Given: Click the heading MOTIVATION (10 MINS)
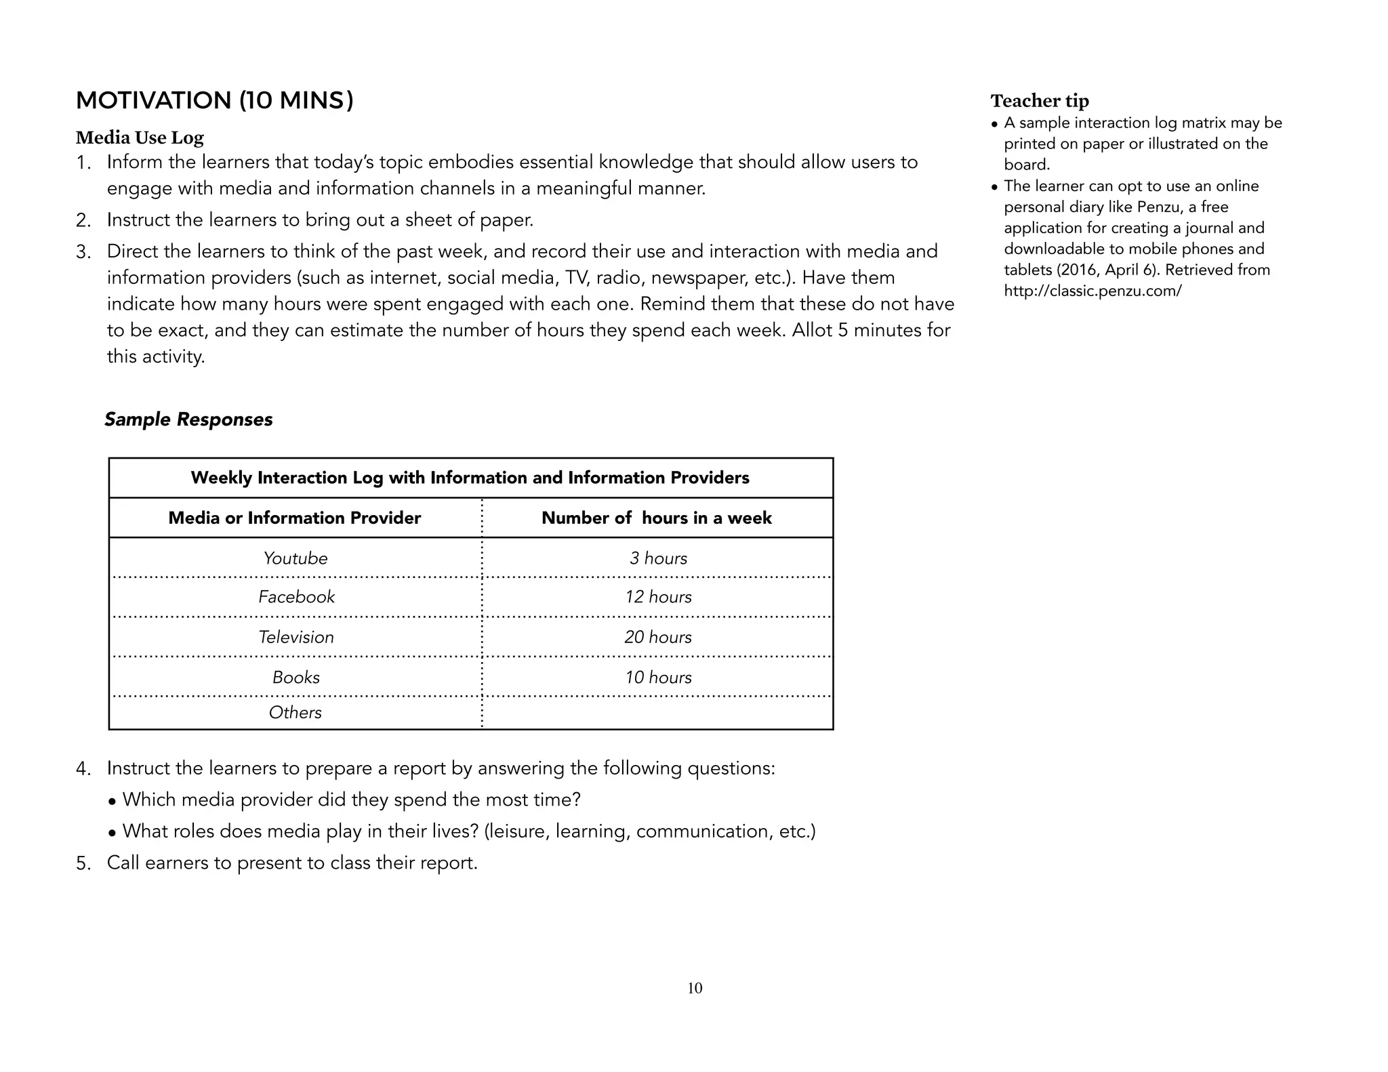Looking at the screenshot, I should point(214,100).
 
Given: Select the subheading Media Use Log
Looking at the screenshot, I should point(140,138).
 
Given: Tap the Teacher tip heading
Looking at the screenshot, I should point(1039,101).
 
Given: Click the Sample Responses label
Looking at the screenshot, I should point(188,419).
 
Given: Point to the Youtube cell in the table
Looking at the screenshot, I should point(295,558).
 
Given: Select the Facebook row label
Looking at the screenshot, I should point(296,597).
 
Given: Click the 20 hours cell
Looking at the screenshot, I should point(657,637).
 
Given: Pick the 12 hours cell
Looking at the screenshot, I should point(657,597).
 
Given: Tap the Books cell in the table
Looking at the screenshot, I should point(295,677).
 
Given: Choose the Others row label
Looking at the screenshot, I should point(295,712).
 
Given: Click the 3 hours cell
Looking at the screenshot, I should point(657,558).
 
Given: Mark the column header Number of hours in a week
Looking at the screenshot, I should point(656,518).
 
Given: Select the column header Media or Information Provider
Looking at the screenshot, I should point(294,518).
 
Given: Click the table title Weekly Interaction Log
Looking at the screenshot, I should point(470,478).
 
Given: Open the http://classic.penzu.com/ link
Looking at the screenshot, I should point(1093,291).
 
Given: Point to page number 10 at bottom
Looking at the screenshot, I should point(695,988).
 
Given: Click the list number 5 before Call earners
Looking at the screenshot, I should point(82,863).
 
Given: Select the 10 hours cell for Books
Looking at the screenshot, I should point(657,677).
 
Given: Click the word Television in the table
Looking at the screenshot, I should point(296,637).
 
